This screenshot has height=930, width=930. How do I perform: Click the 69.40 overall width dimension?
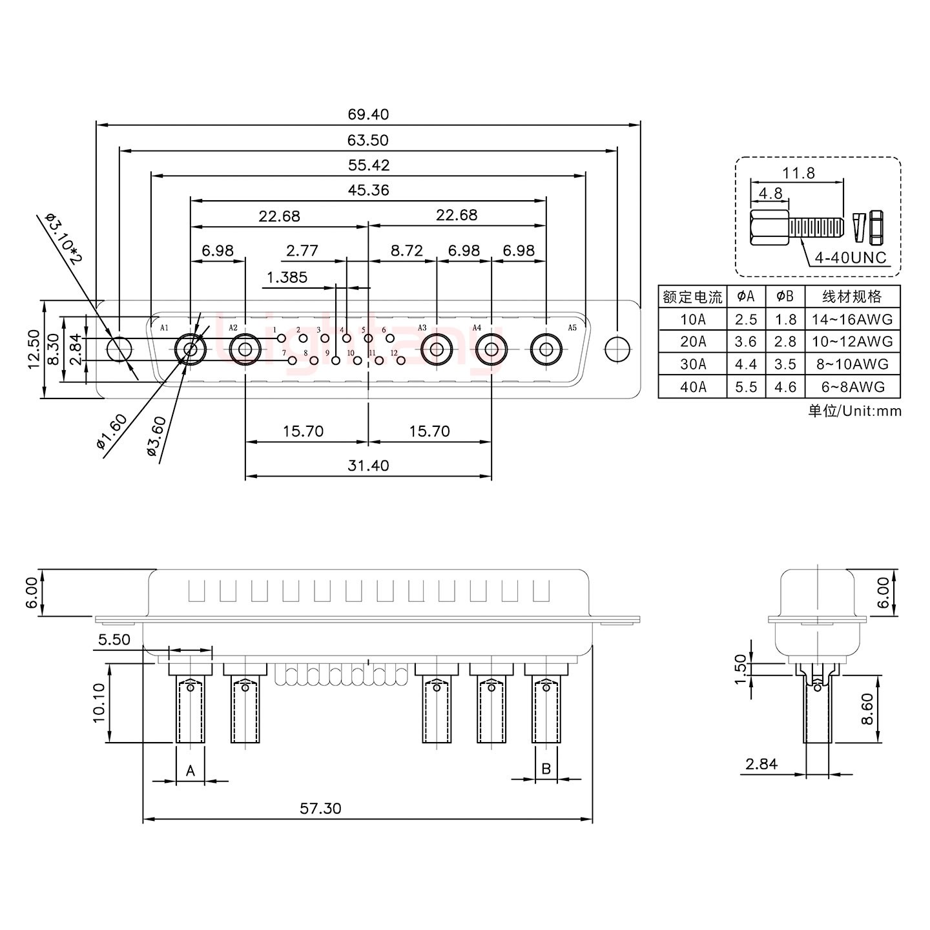point(368,115)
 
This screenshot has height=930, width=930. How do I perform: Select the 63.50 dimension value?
point(368,140)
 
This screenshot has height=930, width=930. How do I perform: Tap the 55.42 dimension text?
point(368,165)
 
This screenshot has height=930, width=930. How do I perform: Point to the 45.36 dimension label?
point(368,191)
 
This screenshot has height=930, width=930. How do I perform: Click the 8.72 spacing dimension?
point(406,250)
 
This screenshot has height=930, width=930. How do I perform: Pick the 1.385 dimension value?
point(287,278)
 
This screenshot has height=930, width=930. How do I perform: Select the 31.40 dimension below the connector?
point(368,466)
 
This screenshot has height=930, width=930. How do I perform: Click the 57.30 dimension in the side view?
point(320,808)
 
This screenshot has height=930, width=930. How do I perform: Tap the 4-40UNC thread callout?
point(851,258)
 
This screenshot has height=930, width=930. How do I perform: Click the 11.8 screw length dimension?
point(798,173)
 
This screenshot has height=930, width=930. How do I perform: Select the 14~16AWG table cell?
point(852,319)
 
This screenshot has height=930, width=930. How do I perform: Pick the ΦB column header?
point(785,296)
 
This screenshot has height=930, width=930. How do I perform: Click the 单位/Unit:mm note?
point(854,411)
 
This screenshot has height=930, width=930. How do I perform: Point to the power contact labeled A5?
point(546,350)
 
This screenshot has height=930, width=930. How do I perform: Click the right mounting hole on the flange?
point(617,349)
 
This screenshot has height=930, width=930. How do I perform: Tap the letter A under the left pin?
point(191,770)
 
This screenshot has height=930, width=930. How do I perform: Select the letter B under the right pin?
point(546,769)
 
